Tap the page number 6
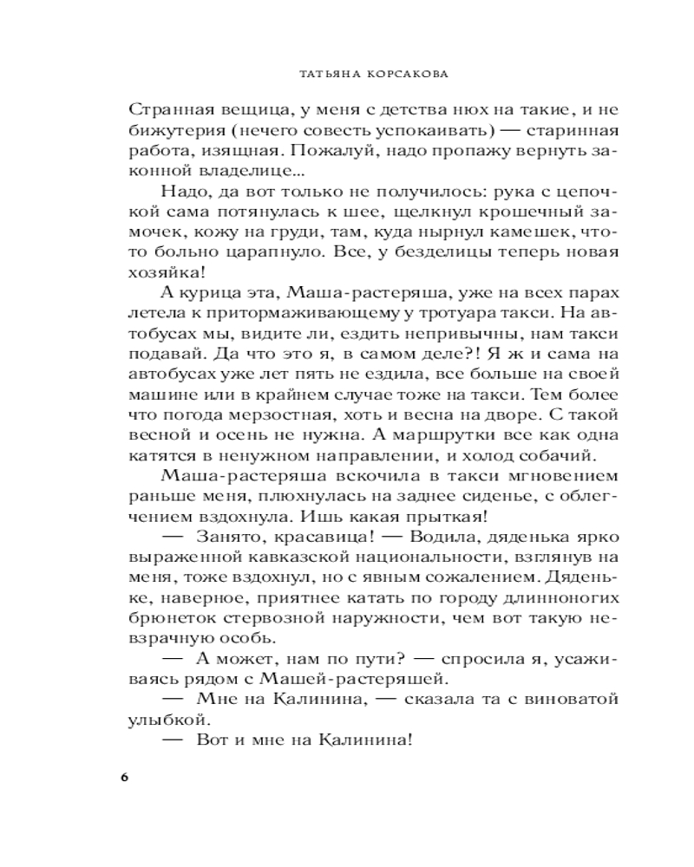pos(124,774)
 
